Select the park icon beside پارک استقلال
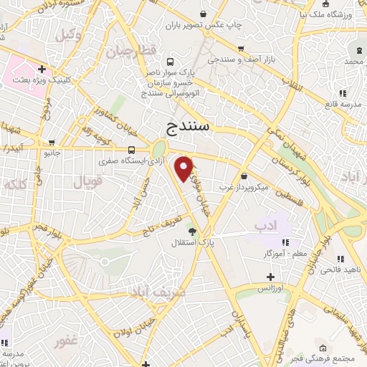point(191,230)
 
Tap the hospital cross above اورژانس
point(270,277)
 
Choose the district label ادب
point(265,226)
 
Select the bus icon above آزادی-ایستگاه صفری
point(131,150)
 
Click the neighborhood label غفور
point(65,343)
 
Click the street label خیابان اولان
point(131,331)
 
